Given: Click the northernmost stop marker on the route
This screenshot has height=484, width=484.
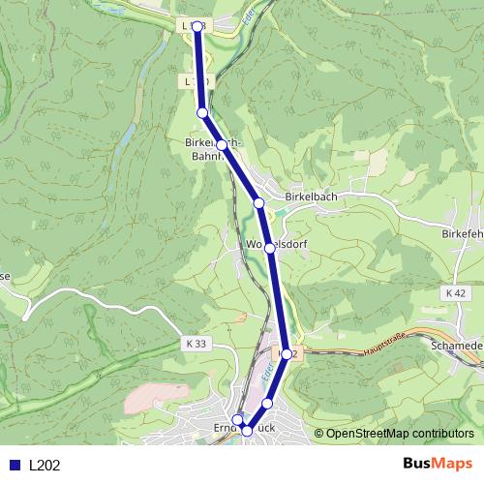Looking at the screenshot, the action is pyautogui.click(x=197, y=27).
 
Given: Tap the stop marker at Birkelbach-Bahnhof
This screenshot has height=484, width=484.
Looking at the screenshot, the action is pyautogui.click(x=222, y=145).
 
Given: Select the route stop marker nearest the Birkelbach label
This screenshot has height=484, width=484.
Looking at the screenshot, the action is pyautogui.click(x=258, y=202).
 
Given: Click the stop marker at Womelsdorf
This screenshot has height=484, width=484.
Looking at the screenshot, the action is pyautogui.click(x=270, y=248).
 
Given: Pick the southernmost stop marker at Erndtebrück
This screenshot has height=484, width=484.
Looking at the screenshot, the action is pyautogui.click(x=247, y=431).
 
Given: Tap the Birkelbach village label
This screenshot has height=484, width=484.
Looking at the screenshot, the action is pyautogui.click(x=312, y=197).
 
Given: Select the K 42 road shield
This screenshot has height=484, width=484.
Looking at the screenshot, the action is pyautogui.click(x=457, y=292).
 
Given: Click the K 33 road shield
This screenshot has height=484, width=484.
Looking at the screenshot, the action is pyautogui.click(x=194, y=343).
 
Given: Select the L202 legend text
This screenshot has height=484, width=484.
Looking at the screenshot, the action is pyautogui.click(x=45, y=465).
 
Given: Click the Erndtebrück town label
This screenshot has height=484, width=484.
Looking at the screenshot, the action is pyautogui.click(x=242, y=427).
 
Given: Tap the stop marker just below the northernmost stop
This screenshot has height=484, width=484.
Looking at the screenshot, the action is pyautogui.click(x=202, y=113).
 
